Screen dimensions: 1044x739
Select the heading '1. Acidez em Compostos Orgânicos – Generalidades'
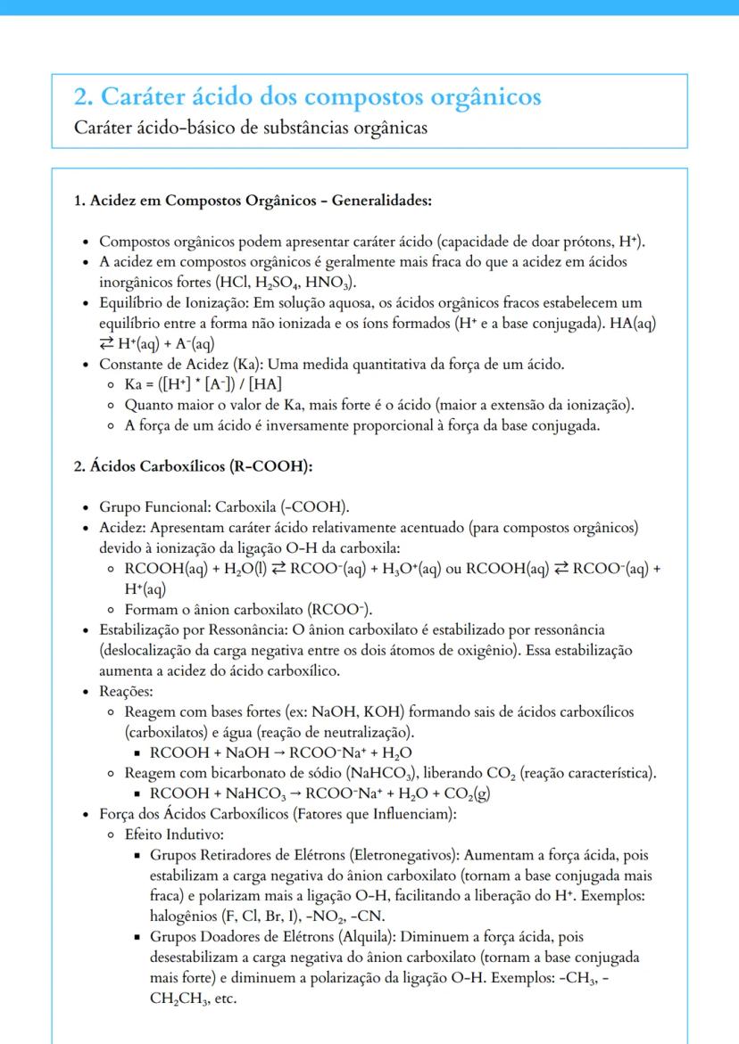coord(253,201)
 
